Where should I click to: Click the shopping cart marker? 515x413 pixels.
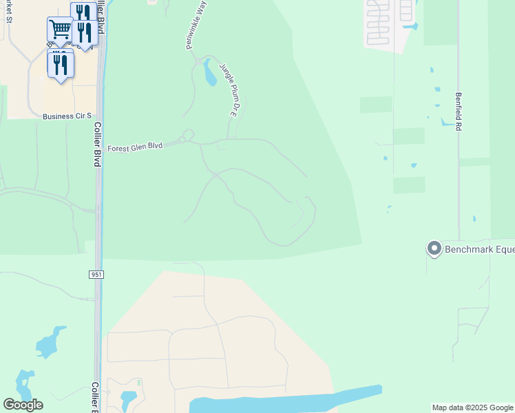pos(60,29)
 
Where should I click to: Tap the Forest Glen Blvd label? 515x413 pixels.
pos(135,147)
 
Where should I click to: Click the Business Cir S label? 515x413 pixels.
pos(67,116)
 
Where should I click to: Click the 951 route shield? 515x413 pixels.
pos(96,275)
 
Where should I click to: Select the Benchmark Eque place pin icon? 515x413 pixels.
pos(434,248)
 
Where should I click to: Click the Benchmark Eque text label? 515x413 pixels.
pos(479,248)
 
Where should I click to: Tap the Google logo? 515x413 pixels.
pos(23,405)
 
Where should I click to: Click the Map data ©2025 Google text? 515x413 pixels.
pos(473,407)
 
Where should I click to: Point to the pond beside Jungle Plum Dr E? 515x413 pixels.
pos(208,73)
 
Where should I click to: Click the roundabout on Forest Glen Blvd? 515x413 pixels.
pos(187,135)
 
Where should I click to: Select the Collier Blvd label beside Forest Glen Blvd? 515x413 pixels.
pos(98,145)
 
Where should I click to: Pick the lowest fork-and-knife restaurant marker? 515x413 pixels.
pos(61,64)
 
